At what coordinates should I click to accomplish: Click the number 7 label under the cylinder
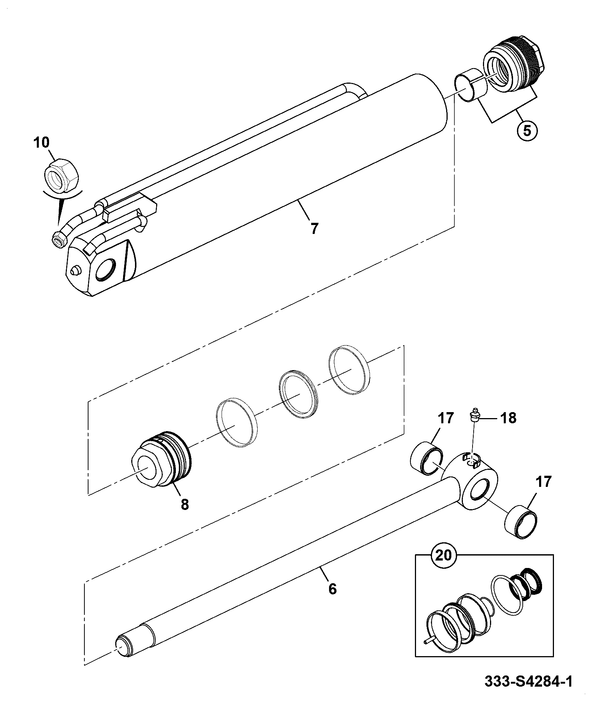[x=315, y=229]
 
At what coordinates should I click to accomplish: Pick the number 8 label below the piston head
[x=185, y=505]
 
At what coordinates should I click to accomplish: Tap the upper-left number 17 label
[x=445, y=418]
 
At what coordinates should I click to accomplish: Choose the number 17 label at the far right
[x=543, y=482]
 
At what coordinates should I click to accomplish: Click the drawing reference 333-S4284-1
[x=528, y=692]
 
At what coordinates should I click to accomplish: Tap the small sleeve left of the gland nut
[x=471, y=85]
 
